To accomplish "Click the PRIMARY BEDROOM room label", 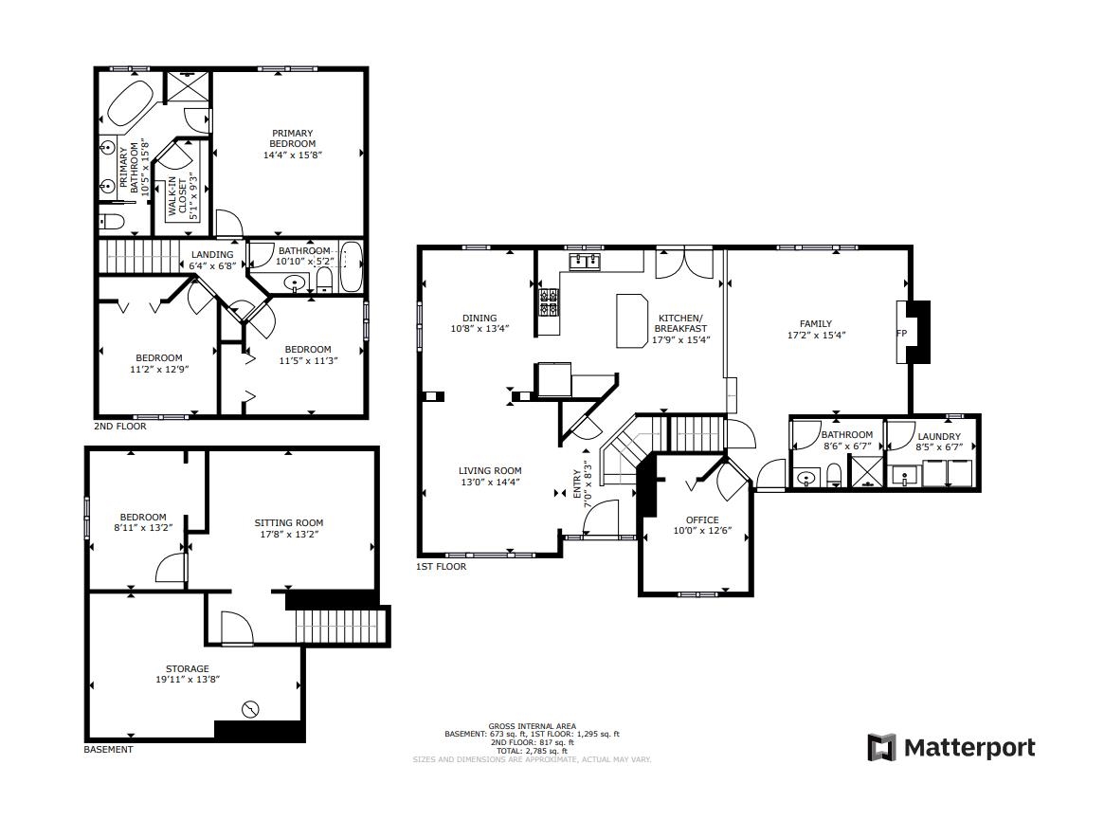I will click(292, 138).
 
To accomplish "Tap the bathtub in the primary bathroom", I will click(130, 103).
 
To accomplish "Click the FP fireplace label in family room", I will click(901, 334).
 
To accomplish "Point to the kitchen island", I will click(630, 320).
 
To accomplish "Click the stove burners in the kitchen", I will click(548, 301).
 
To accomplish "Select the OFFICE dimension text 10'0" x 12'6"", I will click(702, 531).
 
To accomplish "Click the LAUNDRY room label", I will click(938, 437).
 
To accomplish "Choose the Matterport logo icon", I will click(881, 747).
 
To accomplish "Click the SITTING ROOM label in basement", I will click(289, 522).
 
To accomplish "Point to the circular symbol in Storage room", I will click(251, 708).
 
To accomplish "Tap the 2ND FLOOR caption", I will click(120, 427).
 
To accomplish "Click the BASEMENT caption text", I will click(109, 750).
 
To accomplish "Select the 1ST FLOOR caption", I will click(441, 567).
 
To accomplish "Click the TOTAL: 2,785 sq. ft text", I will click(532, 751).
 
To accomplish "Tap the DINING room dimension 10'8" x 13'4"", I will click(480, 329).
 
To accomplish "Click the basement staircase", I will click(342, 627).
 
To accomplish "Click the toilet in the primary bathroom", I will click(111, 222).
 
